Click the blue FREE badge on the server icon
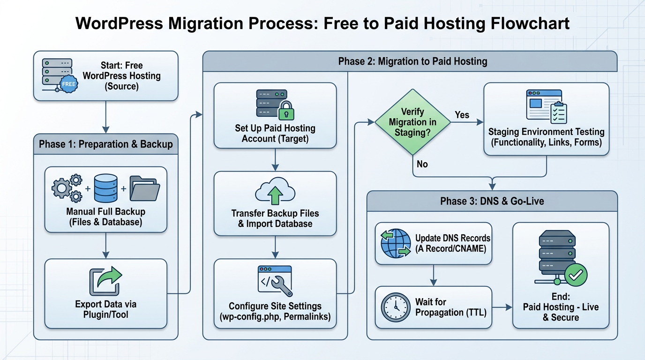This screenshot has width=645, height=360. (x=68, y=84)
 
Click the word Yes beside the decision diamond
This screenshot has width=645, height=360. (x=462, y=115)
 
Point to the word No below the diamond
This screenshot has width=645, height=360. (x=422, y=165)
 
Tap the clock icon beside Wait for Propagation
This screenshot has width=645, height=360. (x=395, y=308)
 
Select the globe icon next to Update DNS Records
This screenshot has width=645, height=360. (x=395, y=243)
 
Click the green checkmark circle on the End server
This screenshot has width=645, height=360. (x=576, y=275)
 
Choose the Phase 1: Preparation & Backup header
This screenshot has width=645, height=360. (x=106, y=144)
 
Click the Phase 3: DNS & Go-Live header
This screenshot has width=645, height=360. (x=492, y=202)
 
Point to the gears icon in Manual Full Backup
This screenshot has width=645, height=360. (x=67, y=188)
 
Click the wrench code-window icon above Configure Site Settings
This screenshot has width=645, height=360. (x=275, y=280)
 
